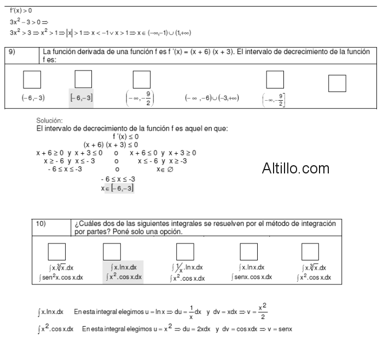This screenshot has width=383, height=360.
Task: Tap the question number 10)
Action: point(41,224)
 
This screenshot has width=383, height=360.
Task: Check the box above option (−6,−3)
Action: point(32,80)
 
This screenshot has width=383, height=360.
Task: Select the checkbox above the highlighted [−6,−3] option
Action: point(83,80)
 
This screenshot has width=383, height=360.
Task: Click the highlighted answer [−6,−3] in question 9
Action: point(81,97)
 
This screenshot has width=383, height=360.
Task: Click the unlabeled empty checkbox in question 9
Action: point(336,83)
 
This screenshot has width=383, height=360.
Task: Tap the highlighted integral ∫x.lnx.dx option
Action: point(124,268)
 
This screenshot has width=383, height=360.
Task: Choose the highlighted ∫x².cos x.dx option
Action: point(124,277)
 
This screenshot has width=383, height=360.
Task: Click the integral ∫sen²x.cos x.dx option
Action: point(61,277)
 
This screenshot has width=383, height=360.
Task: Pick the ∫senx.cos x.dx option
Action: point(252,277)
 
